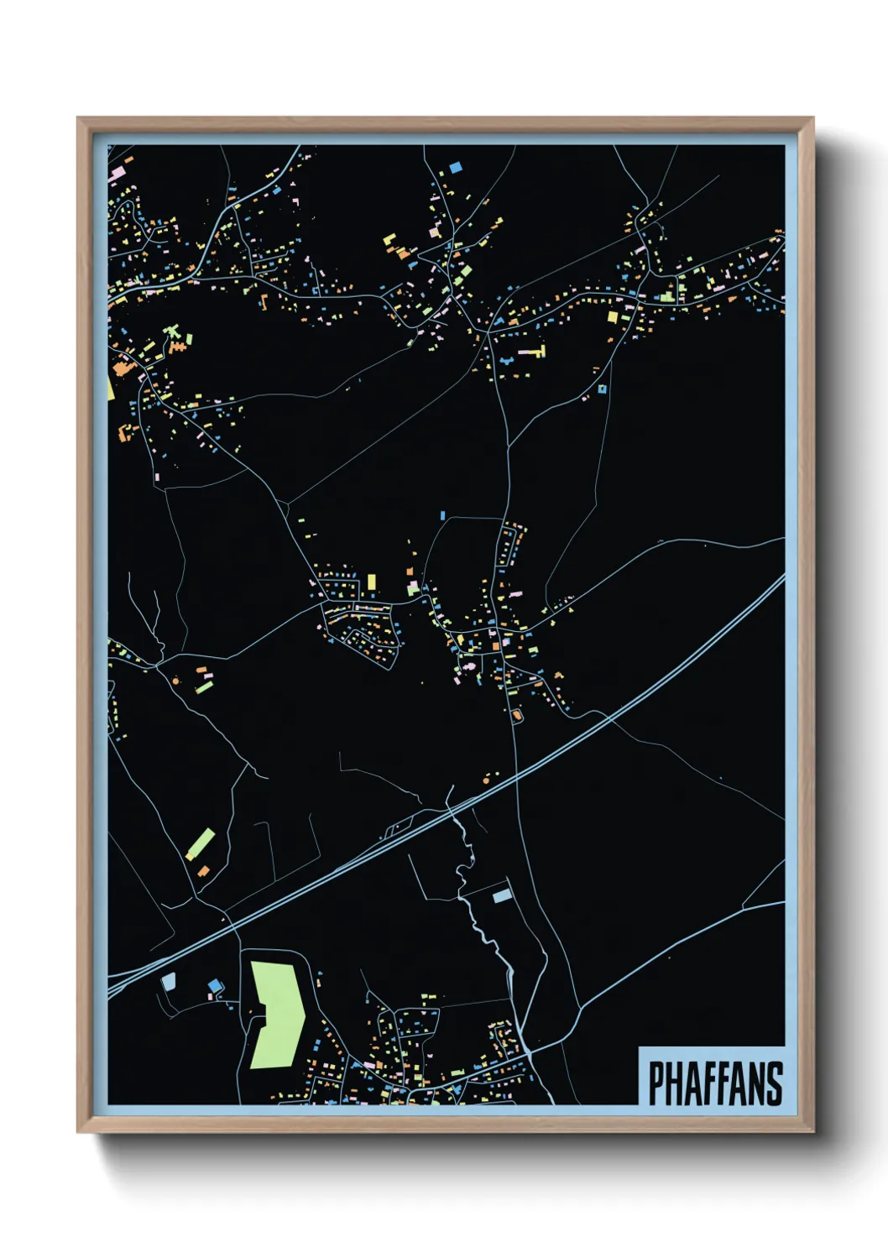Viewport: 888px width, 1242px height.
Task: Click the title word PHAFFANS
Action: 715,1083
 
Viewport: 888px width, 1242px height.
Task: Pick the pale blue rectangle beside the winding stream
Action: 501,895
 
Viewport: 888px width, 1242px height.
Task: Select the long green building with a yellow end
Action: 201,843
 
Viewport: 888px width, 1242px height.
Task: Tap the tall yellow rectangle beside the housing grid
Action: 371,581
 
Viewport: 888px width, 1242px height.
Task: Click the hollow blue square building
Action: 602,389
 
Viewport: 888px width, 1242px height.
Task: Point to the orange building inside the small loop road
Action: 516,715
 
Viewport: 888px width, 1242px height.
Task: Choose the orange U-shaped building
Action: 127,431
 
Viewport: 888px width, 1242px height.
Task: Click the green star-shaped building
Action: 175,337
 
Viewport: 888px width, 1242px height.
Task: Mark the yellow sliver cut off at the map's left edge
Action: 110,388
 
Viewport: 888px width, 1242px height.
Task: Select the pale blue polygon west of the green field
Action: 168,981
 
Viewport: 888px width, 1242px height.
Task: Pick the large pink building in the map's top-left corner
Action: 117,175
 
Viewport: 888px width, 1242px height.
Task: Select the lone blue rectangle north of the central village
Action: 442,514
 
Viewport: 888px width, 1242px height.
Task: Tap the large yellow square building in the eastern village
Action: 613,316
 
